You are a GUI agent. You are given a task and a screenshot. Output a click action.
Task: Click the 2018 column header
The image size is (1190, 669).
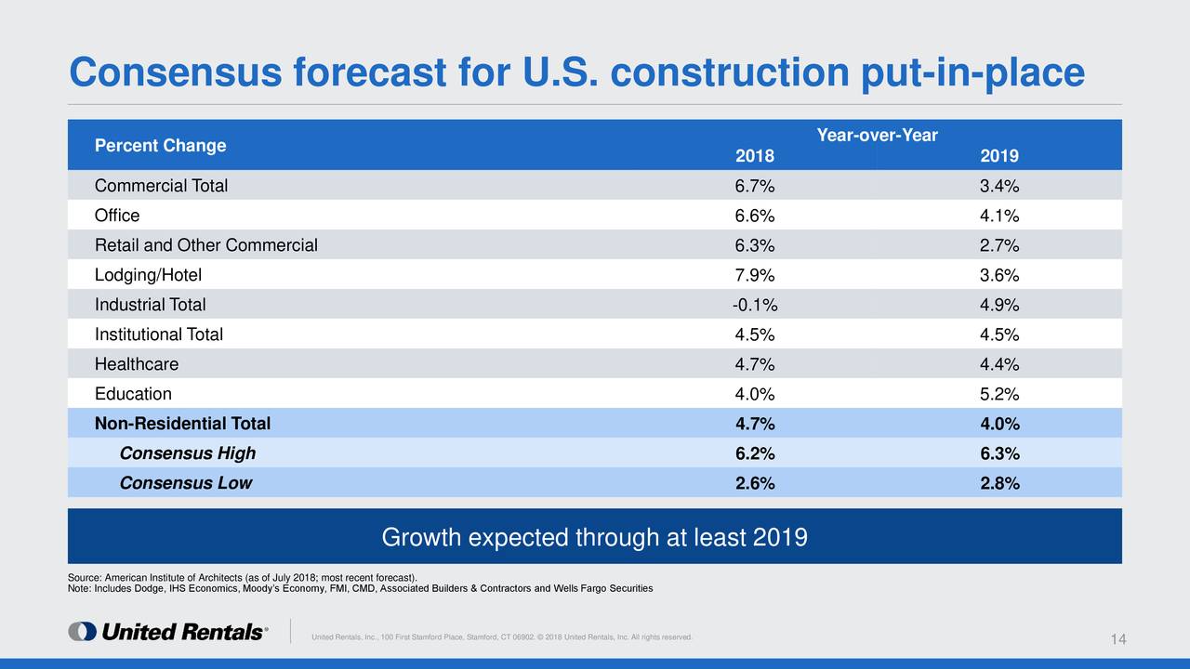click(x=754, y=156)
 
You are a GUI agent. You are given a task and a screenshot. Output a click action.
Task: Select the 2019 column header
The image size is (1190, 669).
click(x=999, y=156)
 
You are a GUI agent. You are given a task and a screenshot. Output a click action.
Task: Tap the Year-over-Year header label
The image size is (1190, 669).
click(x=877, y=136)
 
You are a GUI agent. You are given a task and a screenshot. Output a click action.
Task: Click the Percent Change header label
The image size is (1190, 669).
click(x=160, y=146)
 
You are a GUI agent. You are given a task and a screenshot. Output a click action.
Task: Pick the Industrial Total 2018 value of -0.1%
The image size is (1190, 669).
click(x=754, y=305)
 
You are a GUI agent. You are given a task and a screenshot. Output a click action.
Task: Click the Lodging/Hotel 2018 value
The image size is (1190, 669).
click(x=754, y=275)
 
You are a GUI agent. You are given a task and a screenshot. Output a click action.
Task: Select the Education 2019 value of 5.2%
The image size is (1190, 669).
click(x=999, y=394)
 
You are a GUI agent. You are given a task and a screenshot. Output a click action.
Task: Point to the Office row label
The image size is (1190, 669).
click(x=117, y=216)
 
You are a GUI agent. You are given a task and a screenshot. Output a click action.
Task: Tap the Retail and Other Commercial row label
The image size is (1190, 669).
click(x=205, y=245)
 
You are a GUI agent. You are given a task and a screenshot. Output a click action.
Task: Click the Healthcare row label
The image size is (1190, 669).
click(x=136, y=364)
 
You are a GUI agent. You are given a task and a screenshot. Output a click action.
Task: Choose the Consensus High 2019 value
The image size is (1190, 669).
click(x=999, y=453)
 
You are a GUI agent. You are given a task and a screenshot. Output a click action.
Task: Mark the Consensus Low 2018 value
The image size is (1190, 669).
click(x=754, y=483)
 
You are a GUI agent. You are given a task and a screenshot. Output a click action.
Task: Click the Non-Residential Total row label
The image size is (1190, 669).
click(x=182, y=424)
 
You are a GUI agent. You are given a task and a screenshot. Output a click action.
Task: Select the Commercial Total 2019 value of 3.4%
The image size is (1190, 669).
click(x=999, y=186)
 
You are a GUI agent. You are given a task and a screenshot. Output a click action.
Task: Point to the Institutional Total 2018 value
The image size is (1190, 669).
click(x=754, y=334)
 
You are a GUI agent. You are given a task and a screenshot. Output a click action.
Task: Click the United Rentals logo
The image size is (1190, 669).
click(x=168, y=632)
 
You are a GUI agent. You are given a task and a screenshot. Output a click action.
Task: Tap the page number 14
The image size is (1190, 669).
click(x=1118, y=639)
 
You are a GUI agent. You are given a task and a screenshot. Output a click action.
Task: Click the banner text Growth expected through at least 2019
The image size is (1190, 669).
click(x=594, y=537)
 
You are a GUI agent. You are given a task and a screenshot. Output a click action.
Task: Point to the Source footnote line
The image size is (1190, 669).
click(x=243, y=578)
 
